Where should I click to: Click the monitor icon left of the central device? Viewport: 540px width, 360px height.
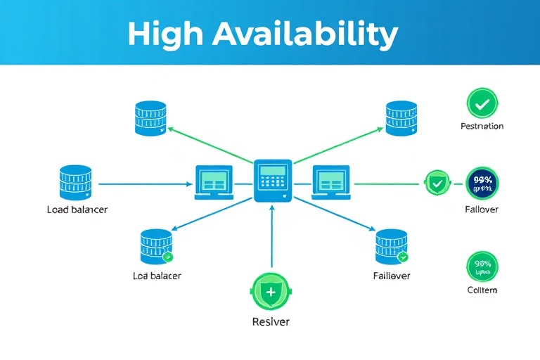point(213,182)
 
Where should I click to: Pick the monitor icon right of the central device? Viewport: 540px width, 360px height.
point(331,182)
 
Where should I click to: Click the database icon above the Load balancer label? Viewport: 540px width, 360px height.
point(75,183)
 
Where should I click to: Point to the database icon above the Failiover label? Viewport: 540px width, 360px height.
point(391,246)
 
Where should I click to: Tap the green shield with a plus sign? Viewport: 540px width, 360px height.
point(271,290)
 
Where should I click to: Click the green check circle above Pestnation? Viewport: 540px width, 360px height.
point(482,104)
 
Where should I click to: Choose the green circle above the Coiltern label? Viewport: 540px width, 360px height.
point(482,267)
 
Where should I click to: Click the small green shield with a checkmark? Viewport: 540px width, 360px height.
point(437,184)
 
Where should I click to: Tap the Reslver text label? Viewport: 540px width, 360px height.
point(271,321)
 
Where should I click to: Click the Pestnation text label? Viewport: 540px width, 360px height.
point(482,127)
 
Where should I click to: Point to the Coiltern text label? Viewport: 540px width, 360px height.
point(482,290)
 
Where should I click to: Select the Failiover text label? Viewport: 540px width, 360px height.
point(392,276)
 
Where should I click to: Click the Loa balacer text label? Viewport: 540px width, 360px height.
point(157,276)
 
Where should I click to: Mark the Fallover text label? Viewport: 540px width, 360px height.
point(482,210)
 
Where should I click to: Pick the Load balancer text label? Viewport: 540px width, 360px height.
point(77,210)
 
